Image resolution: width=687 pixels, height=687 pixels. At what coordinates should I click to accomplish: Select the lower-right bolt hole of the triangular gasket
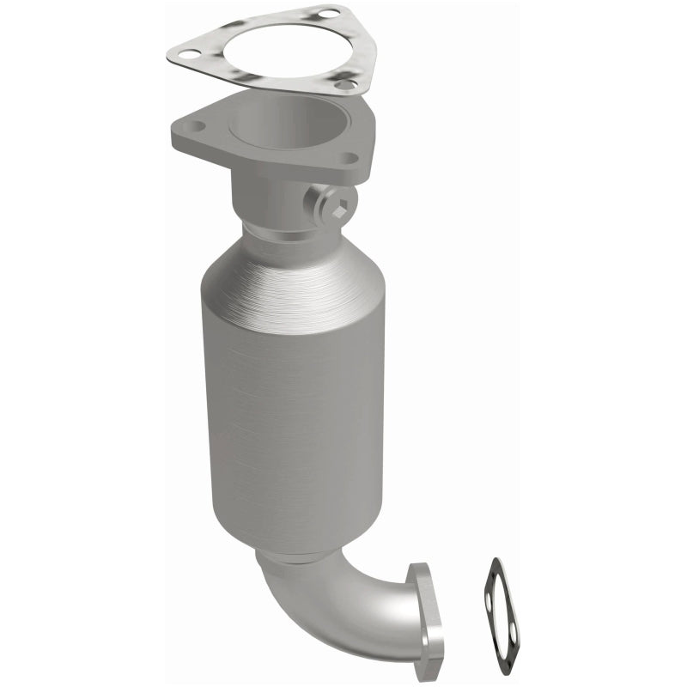click(344, 84)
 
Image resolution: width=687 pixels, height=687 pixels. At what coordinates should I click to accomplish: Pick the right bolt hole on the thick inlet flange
click(350, 158)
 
